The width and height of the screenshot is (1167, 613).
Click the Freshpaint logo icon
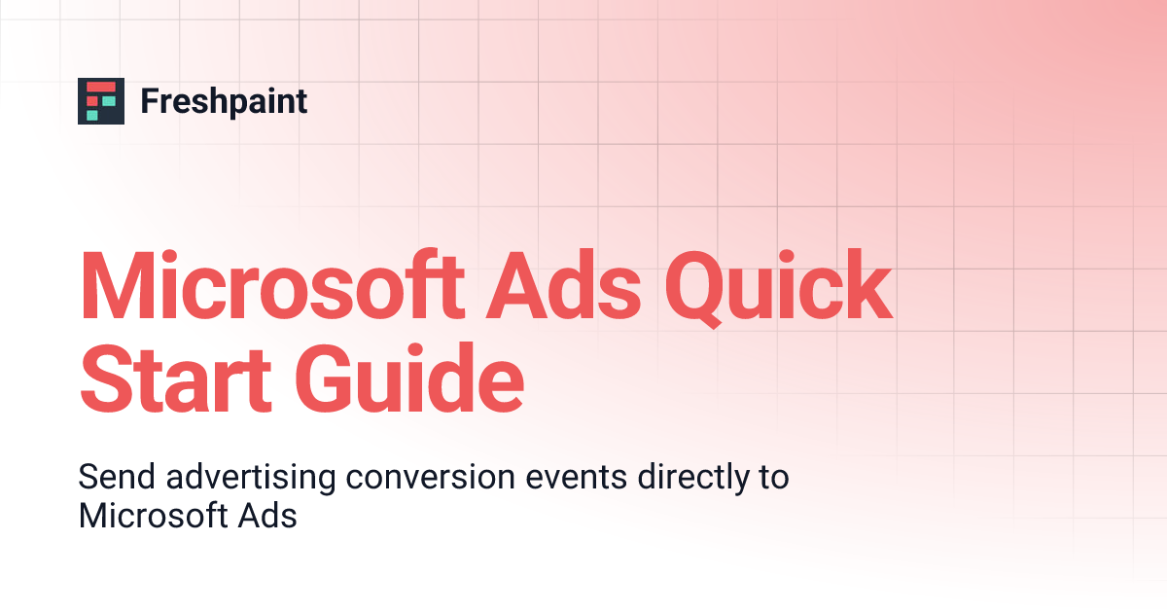(101, 101)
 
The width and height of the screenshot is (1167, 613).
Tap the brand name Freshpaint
(224, 101)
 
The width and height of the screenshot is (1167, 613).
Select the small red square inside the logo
(92, 101)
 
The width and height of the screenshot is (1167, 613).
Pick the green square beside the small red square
(109, 101)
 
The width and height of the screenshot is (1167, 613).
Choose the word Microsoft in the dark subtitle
(152, 515)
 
